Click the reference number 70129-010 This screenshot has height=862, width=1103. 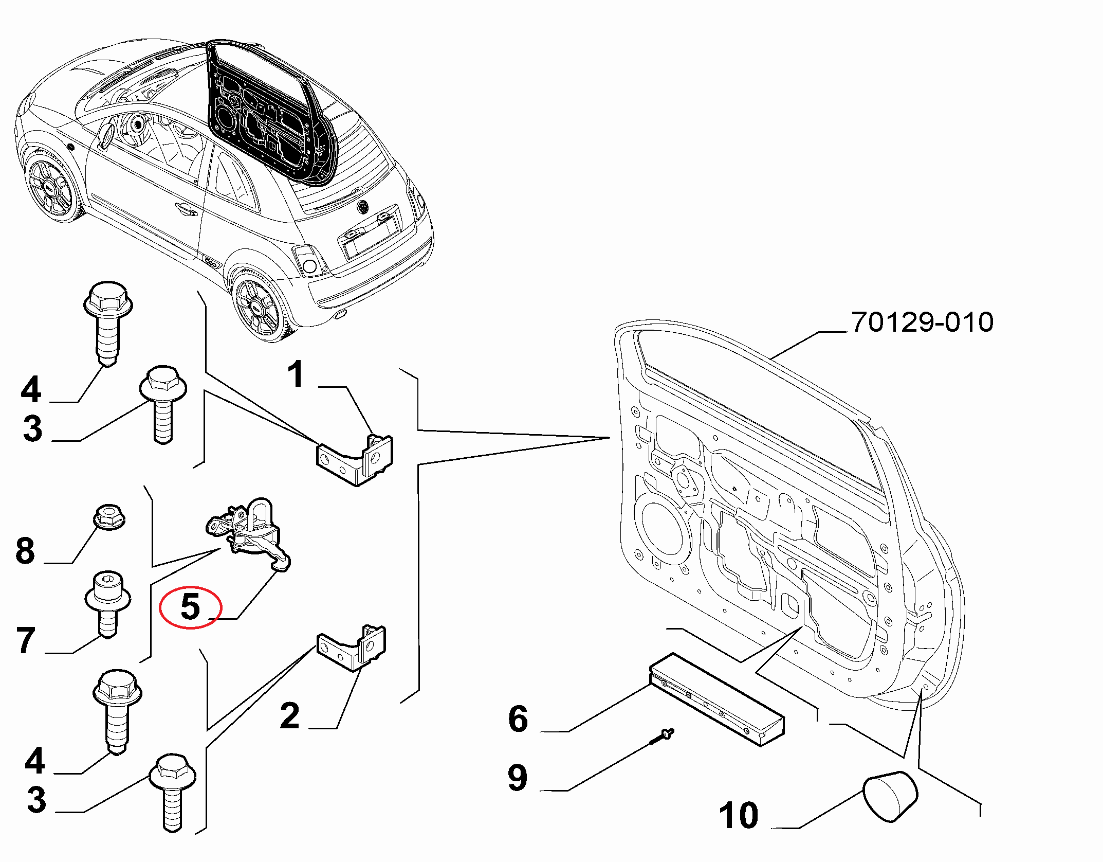pyautogui.click(x=922, y=322)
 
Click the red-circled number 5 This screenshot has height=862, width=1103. pyautogui.click(x=190, y=607)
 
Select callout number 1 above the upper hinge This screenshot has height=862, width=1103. pyautogui.click(x=296, y=374)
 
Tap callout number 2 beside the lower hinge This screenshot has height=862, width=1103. pyautogui.click(x=290, y=715)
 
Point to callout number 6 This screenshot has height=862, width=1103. pyautogui.click(x=518, y=719)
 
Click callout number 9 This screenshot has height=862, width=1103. pyautogui.click(x=517, y=778)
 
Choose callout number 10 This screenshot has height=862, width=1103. pyautogui.click(x=738, y=815)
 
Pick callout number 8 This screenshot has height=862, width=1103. pyautogui.click(x=25, y=550)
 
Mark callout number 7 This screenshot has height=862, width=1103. pyautogui.click(x=26, y=640)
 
